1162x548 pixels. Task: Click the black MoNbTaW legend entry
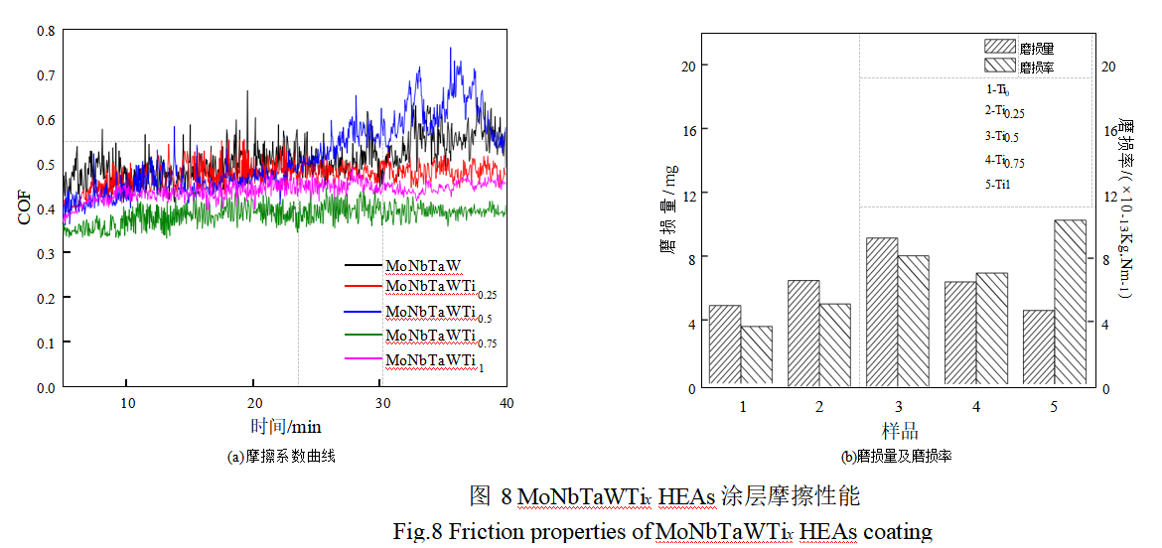pos(423,266)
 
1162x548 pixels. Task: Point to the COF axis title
pos(25,208)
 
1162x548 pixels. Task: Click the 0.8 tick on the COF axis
pos(46,31)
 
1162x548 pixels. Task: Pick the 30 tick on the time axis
pos(381,402)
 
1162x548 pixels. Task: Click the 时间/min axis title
pos(285,427)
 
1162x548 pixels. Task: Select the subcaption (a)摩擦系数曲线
pos(281,458)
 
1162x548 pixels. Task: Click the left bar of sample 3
pos(881,311)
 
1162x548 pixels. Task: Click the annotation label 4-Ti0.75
pos(1004,161)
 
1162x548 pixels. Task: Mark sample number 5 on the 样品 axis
pos(1055,407)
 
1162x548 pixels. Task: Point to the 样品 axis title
pos(899,431)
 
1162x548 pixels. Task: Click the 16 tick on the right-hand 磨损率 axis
pos(1109,130)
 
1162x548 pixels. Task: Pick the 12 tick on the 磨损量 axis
pos(681,193)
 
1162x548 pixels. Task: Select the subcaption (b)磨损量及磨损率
pos(897,458)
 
